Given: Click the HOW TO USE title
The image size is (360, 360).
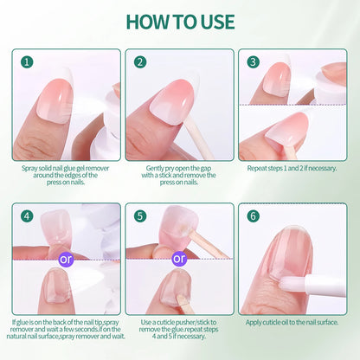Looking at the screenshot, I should (180, 21).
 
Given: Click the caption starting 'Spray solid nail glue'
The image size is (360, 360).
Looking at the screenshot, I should (67, 178).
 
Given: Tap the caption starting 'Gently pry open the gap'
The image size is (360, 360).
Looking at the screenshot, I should (180, 178).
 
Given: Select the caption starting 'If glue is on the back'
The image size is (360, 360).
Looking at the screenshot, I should (67, 333).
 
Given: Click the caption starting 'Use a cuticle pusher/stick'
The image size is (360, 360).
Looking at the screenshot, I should (180, 333).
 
